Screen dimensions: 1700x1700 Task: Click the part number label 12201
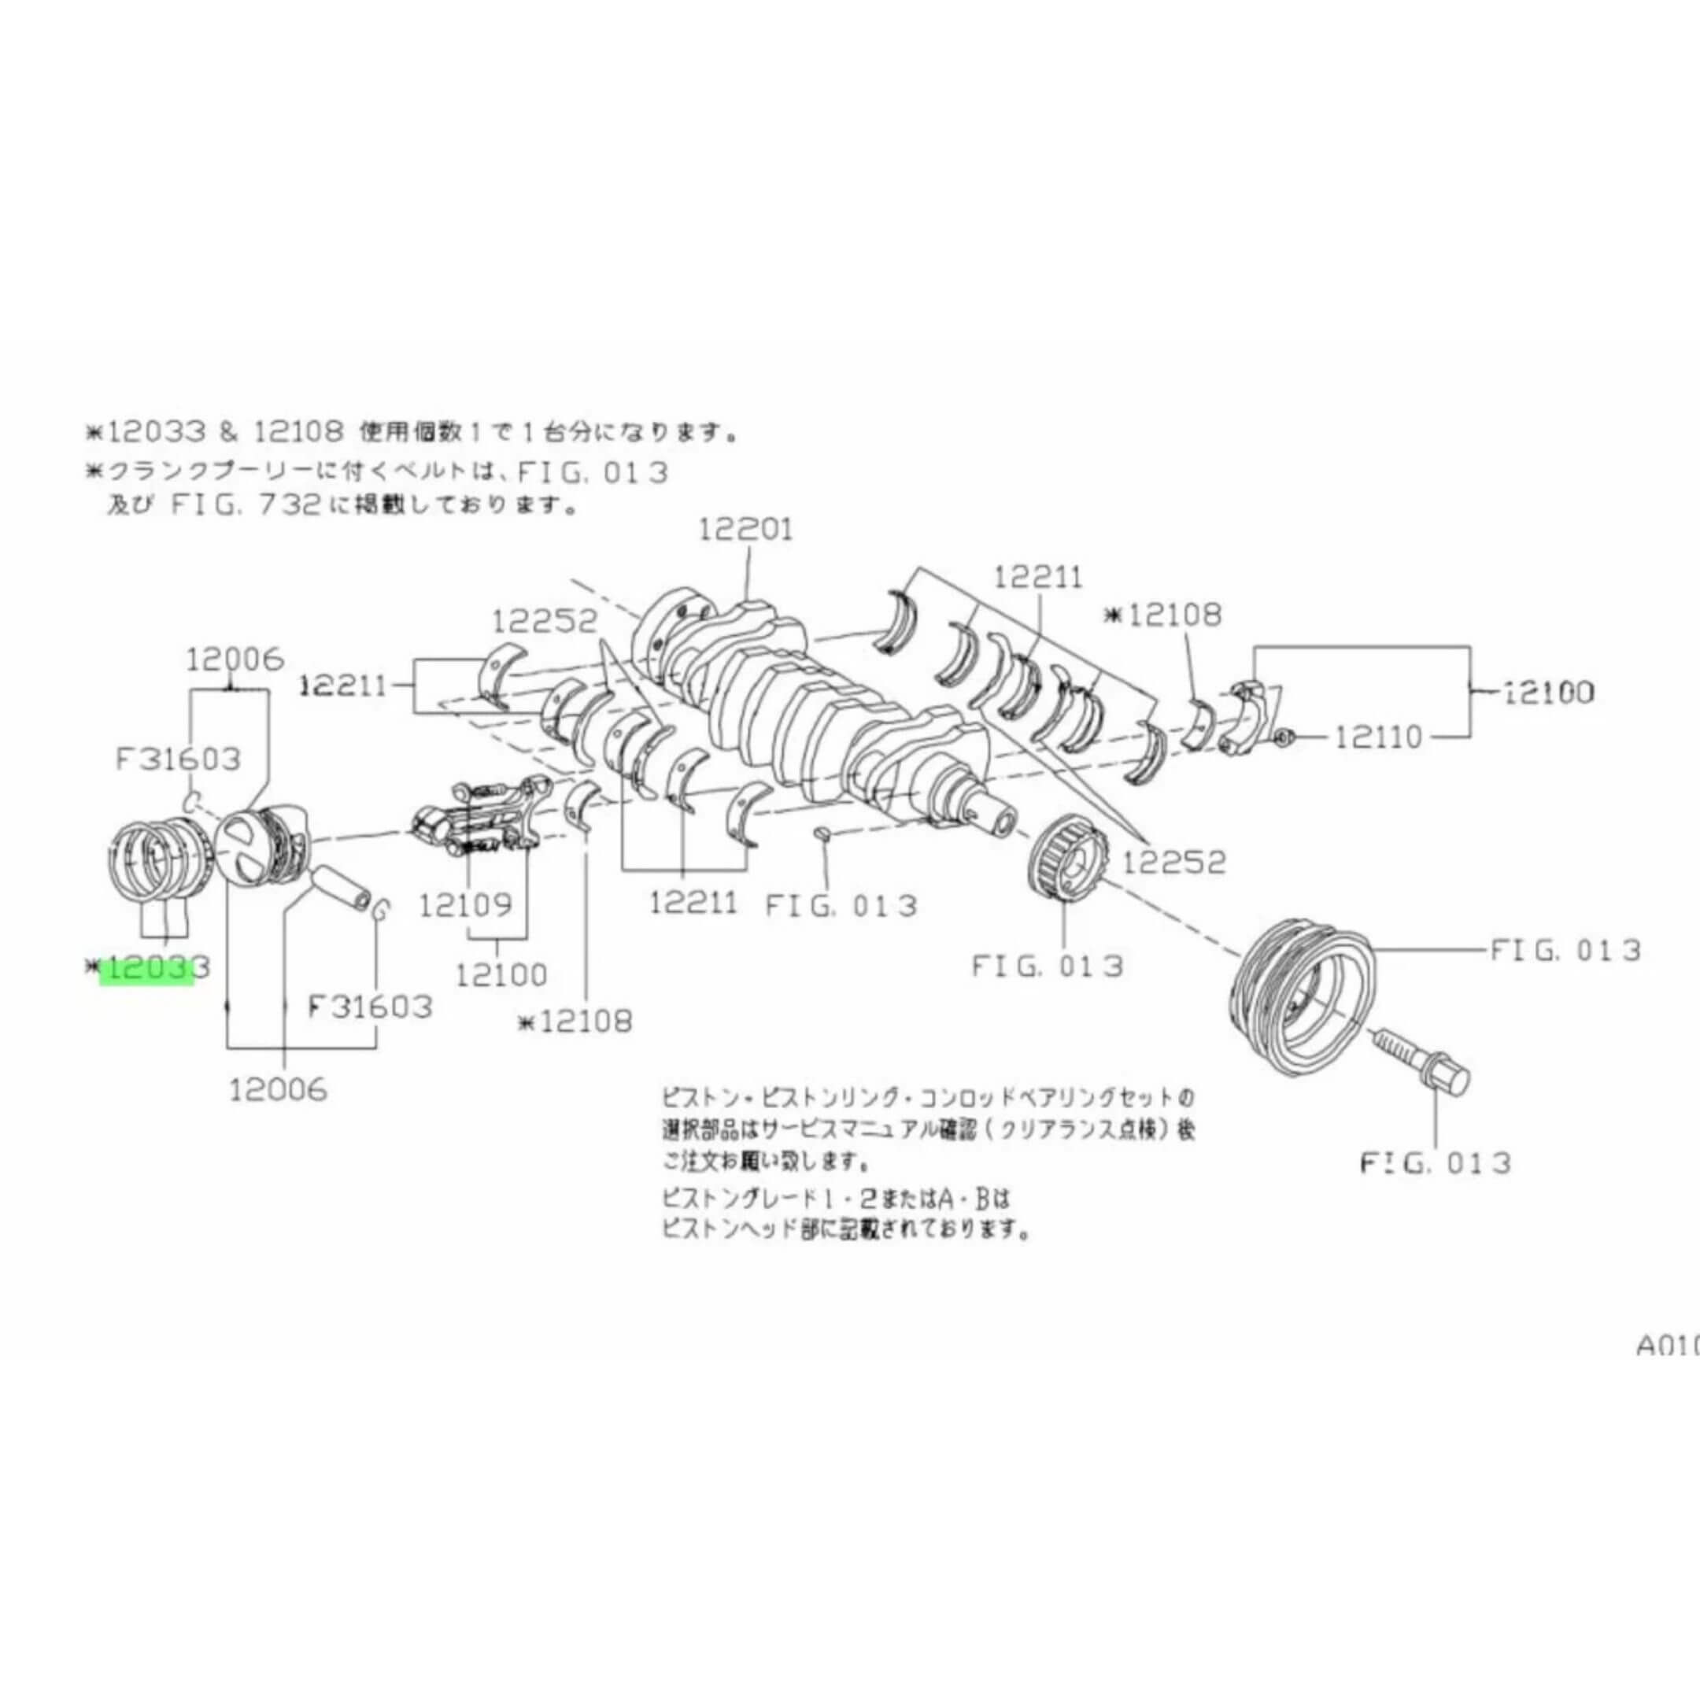(x=745, y=530)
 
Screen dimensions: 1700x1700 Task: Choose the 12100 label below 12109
(x=501, y=974)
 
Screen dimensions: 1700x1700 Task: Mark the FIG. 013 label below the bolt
(x=1435, y=1163)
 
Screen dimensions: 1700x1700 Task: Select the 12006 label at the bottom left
(x=278, y=1090)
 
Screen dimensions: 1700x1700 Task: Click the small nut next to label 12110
(x=1282, y=736)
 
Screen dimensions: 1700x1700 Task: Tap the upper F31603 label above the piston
(x=178, y=758)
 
